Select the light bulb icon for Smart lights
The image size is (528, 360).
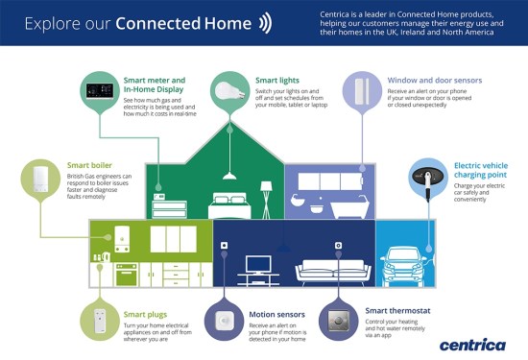pyautogui.click(x=228, y=91)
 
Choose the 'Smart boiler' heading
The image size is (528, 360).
pyautogui.click(x=89, y=164)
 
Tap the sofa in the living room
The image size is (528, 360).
pyautogui.click(x=327, y=271)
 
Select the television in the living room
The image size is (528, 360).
pyautogui.click(x=258, y=264)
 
